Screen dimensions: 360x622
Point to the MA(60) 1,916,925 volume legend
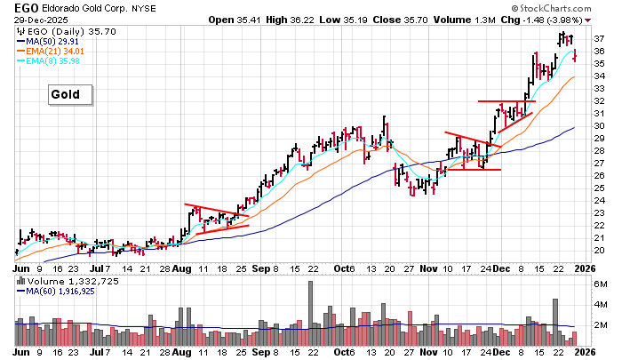tap(66, 292)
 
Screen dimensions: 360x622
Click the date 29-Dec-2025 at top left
tap(32, 20)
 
